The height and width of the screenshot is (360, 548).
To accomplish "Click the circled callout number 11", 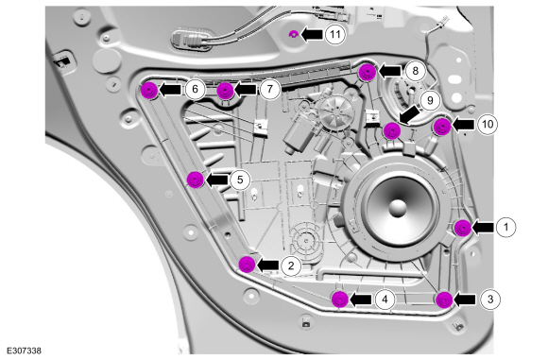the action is [335, 34].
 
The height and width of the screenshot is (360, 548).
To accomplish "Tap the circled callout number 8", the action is [415, 71].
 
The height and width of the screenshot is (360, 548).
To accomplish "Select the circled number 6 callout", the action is [195, 89].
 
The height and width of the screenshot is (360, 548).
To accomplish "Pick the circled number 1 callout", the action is [505, 227].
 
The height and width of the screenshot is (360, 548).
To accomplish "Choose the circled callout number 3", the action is [490, 300].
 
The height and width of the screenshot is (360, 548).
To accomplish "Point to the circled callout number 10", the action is [488, 124].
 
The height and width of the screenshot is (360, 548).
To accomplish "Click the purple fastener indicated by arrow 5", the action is [195, 180].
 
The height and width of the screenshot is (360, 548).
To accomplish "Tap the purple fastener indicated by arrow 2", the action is [247, 265].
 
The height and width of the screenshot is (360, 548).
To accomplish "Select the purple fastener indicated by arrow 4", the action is [340, 300].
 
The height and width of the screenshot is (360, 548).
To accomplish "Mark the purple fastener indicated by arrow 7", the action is [225, 91].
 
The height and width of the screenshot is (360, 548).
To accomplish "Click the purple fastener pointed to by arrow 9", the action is [392, 130].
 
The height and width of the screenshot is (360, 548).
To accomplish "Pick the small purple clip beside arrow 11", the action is [294, 34].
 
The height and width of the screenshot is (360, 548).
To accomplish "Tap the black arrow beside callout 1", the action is [483, 227].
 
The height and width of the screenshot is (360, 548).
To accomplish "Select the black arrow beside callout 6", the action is [170, 90].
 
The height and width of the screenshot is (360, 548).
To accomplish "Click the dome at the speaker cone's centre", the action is [398, 208].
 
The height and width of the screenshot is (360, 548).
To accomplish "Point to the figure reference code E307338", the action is [24, 351].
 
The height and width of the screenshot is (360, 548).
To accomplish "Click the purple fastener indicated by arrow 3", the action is [444, 300].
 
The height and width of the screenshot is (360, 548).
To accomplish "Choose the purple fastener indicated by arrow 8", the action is [368, 72].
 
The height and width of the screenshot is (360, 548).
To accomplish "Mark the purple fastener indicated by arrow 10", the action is [442, 127].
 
